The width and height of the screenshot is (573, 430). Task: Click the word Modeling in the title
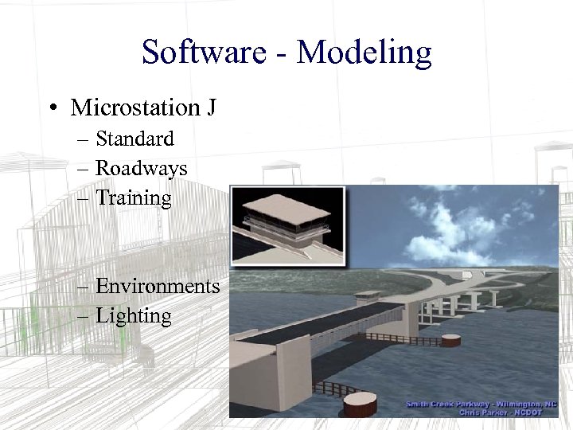[x=364, y=53]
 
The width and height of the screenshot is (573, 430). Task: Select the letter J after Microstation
[x=210, y=107]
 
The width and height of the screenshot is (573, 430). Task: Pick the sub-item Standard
[x=134, y=139]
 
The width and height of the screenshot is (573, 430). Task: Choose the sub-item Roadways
[x=141, y=168]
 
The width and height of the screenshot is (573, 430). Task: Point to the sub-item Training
[x=133, y=198]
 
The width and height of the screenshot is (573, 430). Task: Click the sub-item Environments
[x=157, y=286]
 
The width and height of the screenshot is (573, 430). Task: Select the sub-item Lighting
[x=133, y=316]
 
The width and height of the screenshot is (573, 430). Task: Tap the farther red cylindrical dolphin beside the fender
[x=451, y=340]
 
